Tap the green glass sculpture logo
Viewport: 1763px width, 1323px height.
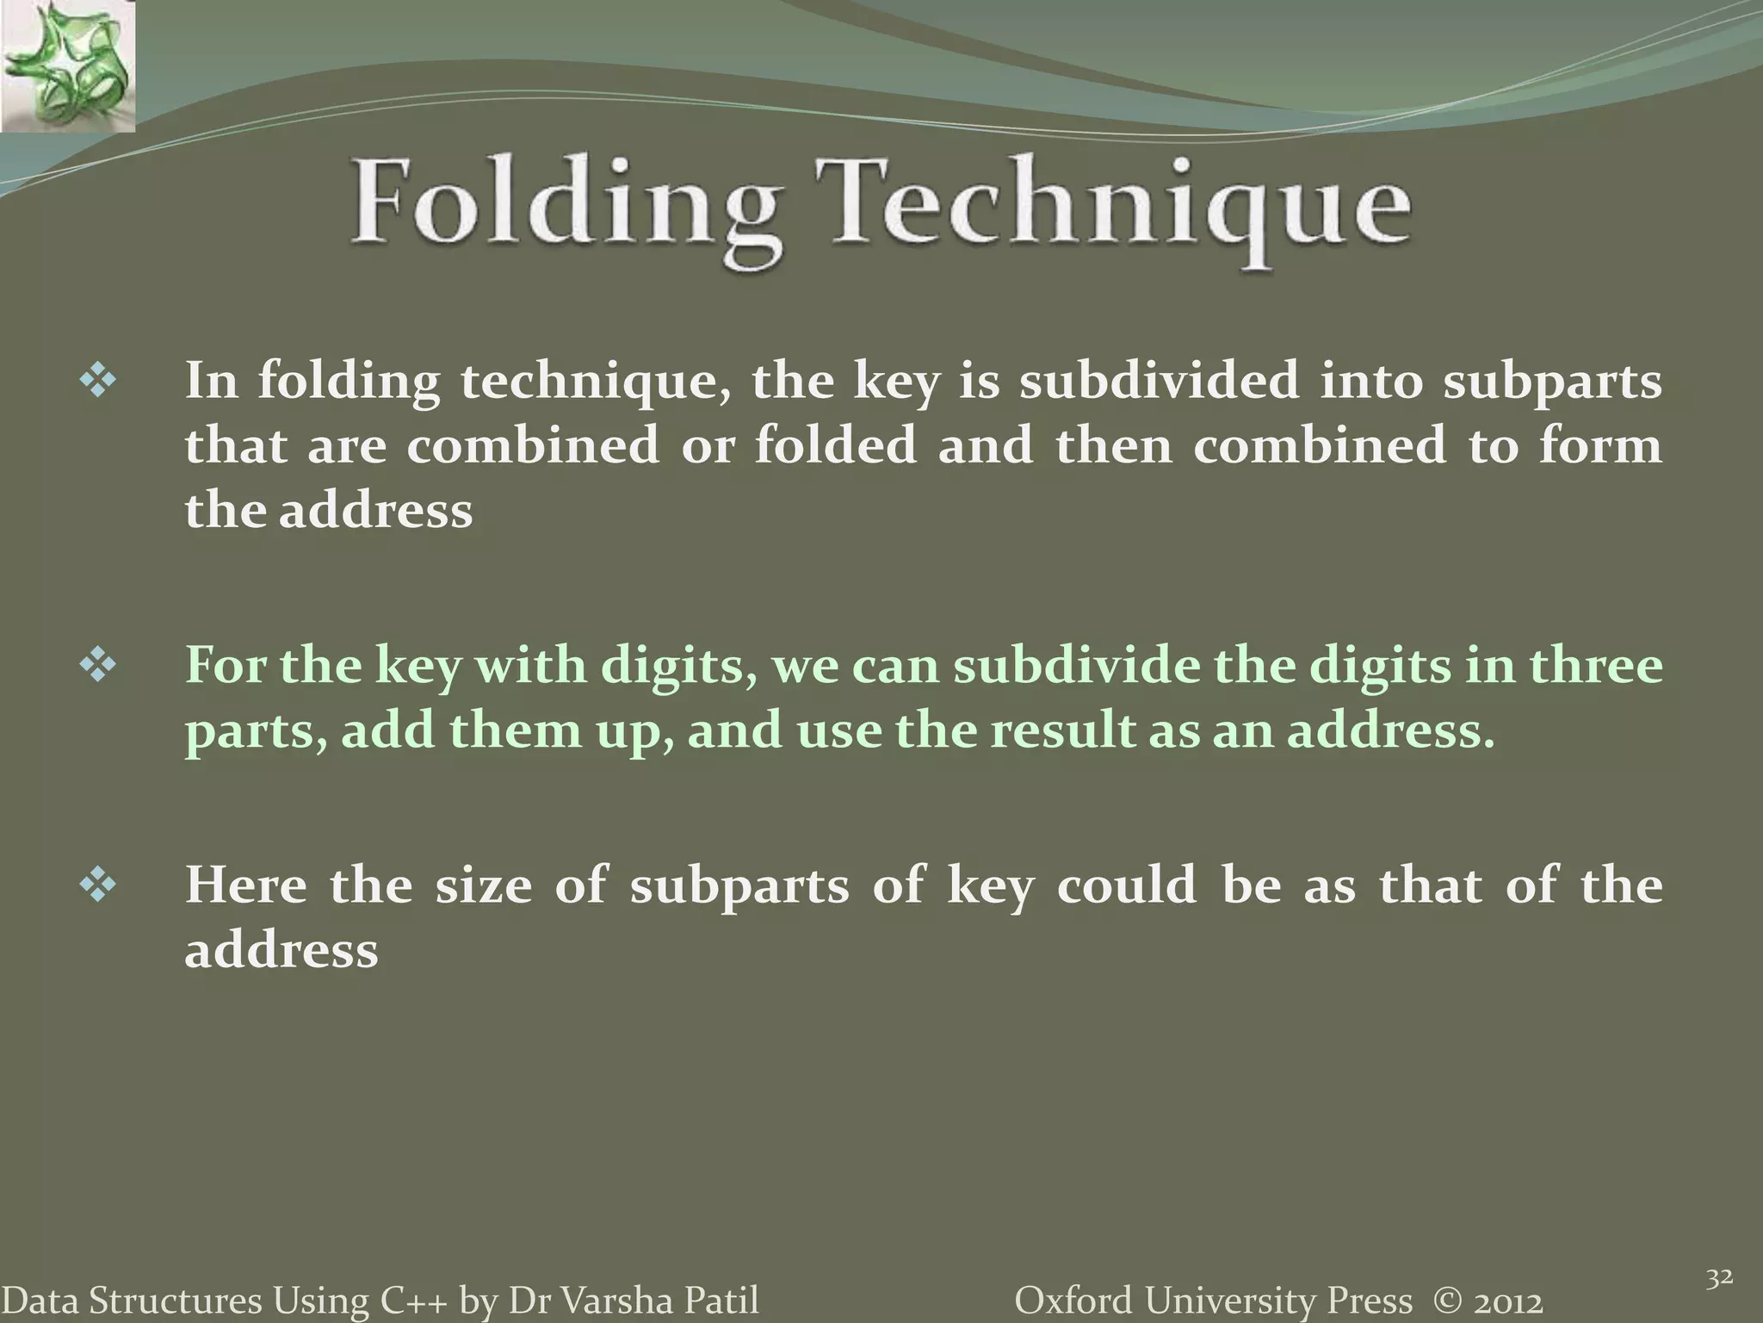(67, 66)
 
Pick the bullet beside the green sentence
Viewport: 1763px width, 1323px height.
(97, 667)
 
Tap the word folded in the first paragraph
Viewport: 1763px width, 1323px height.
(835, 445)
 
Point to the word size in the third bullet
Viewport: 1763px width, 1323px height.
(483, 885)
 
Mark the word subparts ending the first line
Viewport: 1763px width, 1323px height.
(1552, 382)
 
